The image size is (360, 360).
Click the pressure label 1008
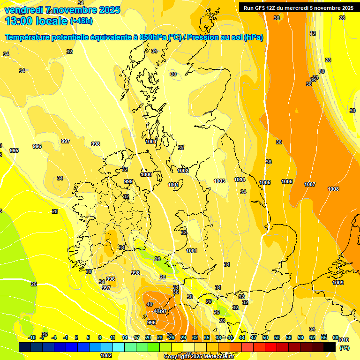(333, 189)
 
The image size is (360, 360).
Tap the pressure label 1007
(310, 184)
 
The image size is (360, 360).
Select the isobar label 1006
(287, 181)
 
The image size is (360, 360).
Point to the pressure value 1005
(265, 182)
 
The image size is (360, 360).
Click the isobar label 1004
(240, 180)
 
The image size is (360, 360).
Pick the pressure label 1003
(219, 181)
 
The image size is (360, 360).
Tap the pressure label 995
(14, 150)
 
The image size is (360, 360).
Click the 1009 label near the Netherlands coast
(338, 283)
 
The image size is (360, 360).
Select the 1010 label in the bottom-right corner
(344, 340)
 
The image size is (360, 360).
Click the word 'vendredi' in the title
(23, 10)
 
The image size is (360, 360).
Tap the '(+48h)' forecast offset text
(81, 21)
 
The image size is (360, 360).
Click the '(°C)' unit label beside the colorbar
(344, 348)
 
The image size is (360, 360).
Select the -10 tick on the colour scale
(32, 337)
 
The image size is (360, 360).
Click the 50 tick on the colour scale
(265, 337)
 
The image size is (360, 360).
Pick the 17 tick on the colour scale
(136, 337)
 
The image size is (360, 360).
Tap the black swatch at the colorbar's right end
(330, 347)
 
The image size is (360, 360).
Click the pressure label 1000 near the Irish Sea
(146, 174)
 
